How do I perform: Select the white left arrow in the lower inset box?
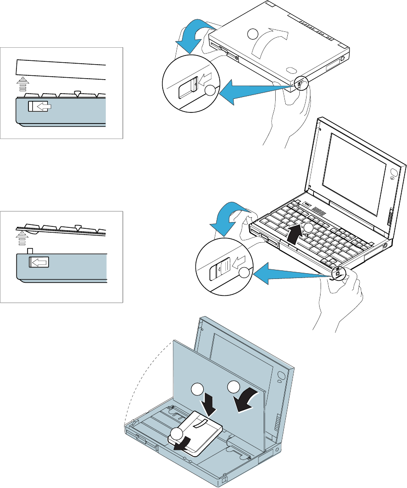click(x=40, y=262)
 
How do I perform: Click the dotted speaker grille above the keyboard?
click(x=317, y=210)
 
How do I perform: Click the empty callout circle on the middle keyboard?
click(x=308, y=227)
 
